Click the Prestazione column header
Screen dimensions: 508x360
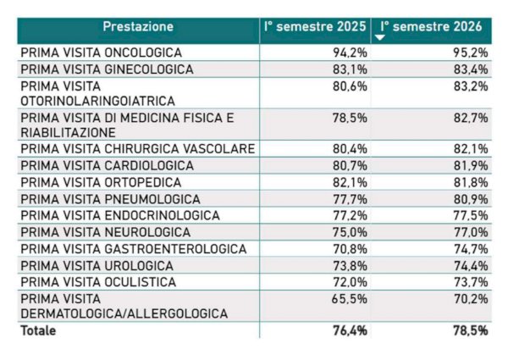138,26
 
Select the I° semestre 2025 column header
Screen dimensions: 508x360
315,26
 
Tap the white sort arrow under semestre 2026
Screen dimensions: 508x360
379,37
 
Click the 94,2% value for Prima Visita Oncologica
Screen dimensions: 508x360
350,53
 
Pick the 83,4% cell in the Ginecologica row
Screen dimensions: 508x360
471,69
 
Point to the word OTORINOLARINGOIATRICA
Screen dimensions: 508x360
98,101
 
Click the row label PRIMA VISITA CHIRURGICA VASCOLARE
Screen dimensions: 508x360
138,149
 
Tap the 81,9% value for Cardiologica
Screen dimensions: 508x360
471,165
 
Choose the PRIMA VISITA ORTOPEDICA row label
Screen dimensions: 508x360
101,182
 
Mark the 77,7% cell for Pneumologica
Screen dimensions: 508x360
350,199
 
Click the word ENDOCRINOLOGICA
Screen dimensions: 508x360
162,215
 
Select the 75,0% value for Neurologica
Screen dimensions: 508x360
350,232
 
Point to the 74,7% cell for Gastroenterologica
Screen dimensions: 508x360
471,249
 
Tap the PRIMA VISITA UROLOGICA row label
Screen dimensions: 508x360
97,266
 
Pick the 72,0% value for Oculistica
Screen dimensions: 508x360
350,282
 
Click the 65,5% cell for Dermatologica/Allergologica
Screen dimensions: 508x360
350,299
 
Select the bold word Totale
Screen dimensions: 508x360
38,330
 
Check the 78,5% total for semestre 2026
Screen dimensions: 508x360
471,330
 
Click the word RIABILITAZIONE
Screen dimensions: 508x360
68,132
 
